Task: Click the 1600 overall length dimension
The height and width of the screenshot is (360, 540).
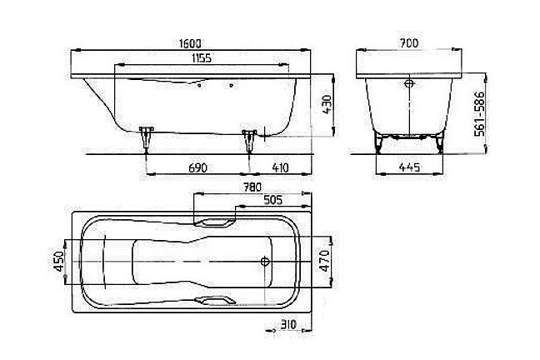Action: point(191,43)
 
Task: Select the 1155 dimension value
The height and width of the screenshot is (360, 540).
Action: point(202,57)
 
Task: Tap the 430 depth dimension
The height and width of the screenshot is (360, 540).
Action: point(326,105)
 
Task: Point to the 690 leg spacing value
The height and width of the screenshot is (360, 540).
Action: point(198,167)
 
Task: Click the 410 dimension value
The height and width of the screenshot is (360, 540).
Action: point(280,167)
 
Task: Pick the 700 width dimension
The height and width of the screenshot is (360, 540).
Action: point(409,43)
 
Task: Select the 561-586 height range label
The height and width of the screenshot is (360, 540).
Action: point(479,113)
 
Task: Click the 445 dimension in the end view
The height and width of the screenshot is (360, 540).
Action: point(409,167)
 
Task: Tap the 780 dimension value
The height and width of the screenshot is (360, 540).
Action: point(252,187)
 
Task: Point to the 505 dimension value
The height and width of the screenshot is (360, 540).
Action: point(272,200)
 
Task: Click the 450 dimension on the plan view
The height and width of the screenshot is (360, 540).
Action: point(58,261)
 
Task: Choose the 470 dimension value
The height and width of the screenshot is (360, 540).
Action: point(325,261)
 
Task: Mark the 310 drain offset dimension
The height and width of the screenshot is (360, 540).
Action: point(288,324)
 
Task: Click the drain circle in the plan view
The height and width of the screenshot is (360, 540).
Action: point(265,262)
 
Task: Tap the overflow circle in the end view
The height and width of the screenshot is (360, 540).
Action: point(409,83)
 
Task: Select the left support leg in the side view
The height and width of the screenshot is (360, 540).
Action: point(147,139)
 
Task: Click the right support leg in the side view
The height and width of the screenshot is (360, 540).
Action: point(249,141)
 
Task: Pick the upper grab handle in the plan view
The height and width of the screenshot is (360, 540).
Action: point(214,222)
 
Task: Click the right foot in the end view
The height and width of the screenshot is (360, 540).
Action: point(440,144)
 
